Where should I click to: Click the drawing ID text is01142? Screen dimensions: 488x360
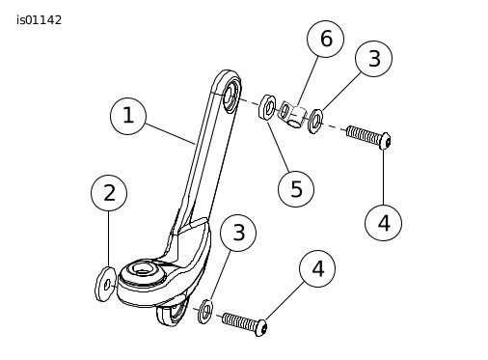pos(39,20)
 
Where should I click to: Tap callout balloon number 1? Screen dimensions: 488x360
pos(128,116)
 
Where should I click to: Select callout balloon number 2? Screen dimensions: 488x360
pos(109,193)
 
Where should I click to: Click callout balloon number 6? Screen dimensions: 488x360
pos(325,39)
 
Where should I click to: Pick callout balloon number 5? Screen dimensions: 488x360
pos(296,189)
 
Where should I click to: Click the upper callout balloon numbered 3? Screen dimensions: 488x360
pos(373,59)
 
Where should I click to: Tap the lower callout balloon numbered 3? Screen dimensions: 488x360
pos(238,233)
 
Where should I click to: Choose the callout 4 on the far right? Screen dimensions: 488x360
pos(383,223)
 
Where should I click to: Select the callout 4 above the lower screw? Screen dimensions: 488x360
pos(317,268)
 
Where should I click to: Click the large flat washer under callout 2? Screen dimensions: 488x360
pos(105,284)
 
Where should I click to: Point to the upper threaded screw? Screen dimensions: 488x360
pos(368,137)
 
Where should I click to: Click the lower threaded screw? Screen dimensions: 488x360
pos(245,324)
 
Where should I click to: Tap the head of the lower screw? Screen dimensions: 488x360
pos(261,328)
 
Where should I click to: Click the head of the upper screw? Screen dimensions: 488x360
pos(385,141)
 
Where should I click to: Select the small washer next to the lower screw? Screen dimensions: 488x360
pos(205,312)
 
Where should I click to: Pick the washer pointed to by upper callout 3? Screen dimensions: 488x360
pos(315,122)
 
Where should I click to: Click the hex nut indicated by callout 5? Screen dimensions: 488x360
pos(267,107)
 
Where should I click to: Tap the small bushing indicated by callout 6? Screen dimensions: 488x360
pos(292,114)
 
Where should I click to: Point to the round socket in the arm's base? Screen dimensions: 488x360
pos(141,269)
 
